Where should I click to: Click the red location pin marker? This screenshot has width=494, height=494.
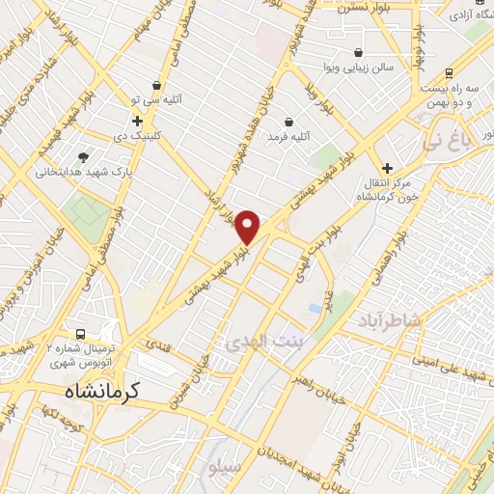coord(248,227)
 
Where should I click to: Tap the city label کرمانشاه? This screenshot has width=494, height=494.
coord(104,391)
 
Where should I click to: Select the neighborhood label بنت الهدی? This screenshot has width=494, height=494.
coord(262,341)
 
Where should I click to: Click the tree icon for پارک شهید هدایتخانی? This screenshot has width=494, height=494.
coord(85,156)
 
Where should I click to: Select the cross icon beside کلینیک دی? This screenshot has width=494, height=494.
coord(138,122)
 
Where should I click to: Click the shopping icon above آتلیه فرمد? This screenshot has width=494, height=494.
coord(289,121)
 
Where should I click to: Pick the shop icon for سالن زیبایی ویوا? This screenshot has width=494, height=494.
coord(359,53)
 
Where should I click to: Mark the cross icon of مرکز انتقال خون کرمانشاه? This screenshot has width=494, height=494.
coord(387,168)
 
